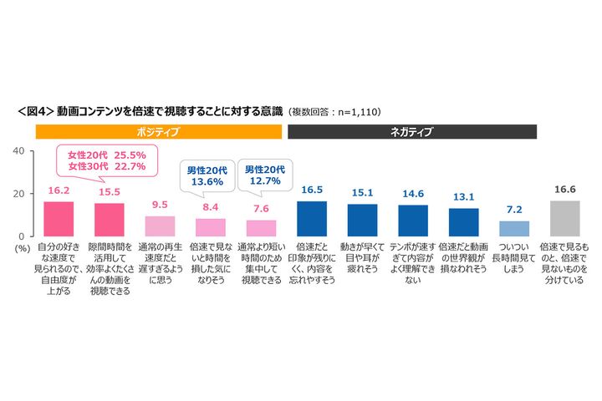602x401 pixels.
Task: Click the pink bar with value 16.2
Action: [x=59, y=219]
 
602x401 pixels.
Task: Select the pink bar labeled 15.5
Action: [x=109, y=220]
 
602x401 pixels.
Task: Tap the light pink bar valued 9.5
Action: [x=160, y=226]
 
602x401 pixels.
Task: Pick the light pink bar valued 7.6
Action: [x=261, y=228]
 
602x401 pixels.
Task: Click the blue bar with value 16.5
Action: [x=312, y=219]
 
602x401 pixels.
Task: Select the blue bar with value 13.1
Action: [x=463, y=222]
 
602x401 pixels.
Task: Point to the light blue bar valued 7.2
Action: [x=514, y=229]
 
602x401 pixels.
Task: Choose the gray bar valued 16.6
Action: [x=564, y=219]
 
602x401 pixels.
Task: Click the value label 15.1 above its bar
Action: [x=362, y=194]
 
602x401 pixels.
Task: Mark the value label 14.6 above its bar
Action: [x=413, y=195]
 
